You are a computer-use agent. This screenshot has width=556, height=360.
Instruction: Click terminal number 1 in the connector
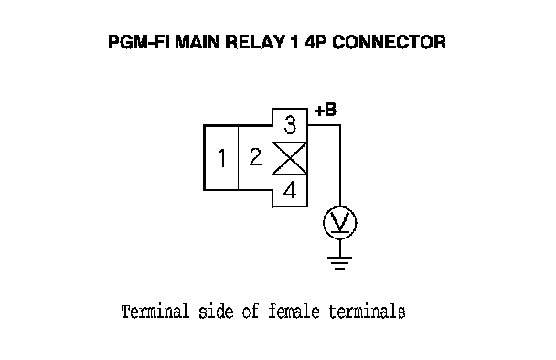click(221, 158)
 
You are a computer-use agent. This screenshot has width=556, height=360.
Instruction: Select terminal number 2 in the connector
click(255, 158)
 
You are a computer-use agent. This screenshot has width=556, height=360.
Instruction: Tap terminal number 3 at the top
click(290, 125)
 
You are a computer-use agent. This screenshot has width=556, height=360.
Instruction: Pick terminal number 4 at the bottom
click(290, 190)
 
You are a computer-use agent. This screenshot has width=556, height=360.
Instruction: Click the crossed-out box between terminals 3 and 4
click(290, 158)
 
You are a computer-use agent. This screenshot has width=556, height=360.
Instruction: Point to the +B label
click(326, 110)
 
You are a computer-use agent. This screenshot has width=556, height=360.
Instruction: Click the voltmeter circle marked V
click(340, 223)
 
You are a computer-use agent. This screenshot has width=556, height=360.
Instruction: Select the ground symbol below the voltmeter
click(339, 262)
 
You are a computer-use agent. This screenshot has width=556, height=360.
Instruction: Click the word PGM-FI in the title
click(139, 42)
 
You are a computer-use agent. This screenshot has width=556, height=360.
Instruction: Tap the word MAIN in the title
click(198, 42)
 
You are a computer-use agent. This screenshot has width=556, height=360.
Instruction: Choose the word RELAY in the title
click(255, 42)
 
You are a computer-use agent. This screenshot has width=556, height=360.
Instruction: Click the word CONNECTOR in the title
click(389, 42)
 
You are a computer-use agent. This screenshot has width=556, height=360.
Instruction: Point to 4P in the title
click(315, 42)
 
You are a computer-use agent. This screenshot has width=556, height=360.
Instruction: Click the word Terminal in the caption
click(155, 312)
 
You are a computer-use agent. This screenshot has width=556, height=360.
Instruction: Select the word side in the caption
click(216, 312)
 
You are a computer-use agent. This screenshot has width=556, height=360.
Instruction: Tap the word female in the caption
click(294, 312)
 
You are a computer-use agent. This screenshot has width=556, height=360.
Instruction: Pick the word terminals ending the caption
click(367, 312)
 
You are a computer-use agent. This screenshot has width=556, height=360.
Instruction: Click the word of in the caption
click(251, 312)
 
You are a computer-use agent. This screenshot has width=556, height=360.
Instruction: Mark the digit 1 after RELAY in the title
click(294, 42)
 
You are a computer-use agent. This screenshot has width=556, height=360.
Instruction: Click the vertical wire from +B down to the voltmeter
click(340, 165)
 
